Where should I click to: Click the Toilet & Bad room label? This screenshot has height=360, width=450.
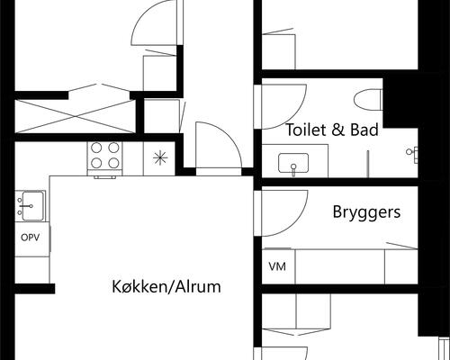click(331, 130)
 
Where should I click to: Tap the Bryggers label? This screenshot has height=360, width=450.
click(366, 213)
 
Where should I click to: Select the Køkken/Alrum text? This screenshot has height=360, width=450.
click(166, 288)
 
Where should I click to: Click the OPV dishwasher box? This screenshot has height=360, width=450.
click(31, 238)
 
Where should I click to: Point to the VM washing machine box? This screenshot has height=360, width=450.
click(276, 266)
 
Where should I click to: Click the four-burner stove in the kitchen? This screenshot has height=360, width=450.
click(104, 158)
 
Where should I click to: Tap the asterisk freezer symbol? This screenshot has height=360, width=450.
click(159, 159)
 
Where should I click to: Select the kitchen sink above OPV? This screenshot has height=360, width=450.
click(31, 205)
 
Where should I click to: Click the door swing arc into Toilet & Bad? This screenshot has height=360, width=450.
click(277, 98)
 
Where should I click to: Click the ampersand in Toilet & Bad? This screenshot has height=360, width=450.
click(337, 130)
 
